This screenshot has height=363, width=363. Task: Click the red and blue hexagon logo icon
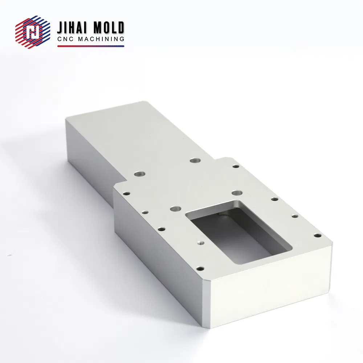coord(33,32)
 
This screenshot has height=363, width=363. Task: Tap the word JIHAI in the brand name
coord(71,28)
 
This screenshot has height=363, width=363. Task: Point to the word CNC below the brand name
coord(65,39)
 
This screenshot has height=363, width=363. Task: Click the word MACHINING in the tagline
coord(101,39)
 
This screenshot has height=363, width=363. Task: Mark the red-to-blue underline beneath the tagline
coord(91,46)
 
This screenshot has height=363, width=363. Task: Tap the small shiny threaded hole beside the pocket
coord(200,243)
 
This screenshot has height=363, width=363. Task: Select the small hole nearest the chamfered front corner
coord(200,269)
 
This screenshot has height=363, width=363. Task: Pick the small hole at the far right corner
coord(318,236)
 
